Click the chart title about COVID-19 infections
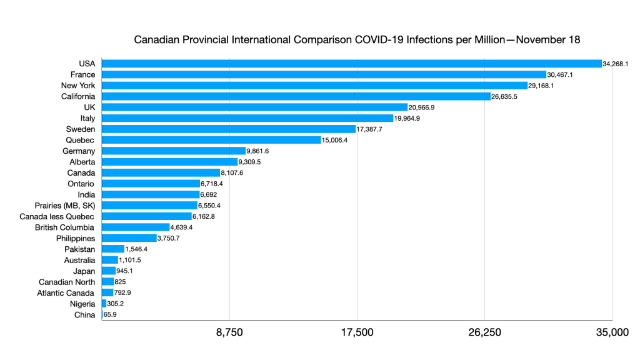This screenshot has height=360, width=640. pos(357,40)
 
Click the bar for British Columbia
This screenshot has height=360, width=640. pos(136,227)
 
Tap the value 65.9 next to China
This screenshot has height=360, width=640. pos(110,315)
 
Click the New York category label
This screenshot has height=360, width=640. pos(78,85)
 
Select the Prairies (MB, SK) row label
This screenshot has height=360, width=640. pos(65,206)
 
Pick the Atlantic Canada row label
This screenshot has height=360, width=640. pos(66,293)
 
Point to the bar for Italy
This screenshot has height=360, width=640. pos(247,118)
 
